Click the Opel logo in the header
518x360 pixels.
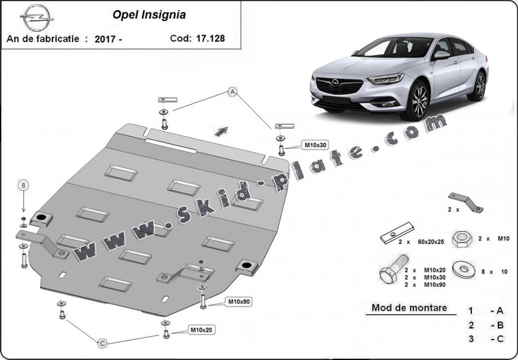click(x=37, y=18)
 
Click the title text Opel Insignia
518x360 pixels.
click(x=149, y=15)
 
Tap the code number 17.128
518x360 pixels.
click(x=210, y=38)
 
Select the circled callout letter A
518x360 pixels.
click(x=232, y=92)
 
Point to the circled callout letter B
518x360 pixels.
click(x=23, y=184)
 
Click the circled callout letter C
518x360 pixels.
click(x=103, y=343)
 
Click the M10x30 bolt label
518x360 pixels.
click(x=315, y=145)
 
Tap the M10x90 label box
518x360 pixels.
click(x=239, y=302)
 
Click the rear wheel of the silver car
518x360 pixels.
click(x=480, y=85)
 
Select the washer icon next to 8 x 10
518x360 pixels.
click(x=464, y=270)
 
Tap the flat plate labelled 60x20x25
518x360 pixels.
click(x=397, y=233)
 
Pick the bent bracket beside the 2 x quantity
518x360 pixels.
click(x=465, y=202)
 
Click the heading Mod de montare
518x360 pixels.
click(x=409, y=308)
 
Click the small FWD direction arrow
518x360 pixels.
click(x=222, y=131)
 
